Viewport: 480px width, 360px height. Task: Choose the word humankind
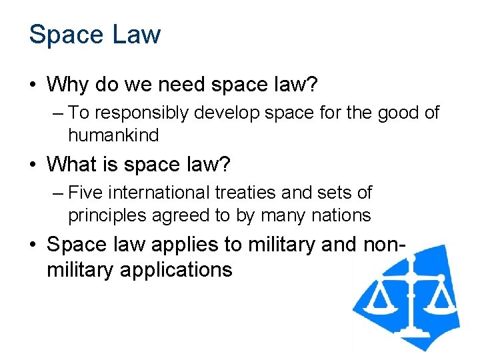coord(113,135)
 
